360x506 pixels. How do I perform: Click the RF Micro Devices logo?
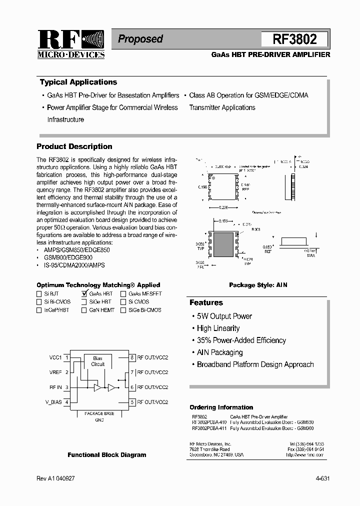click(x=71, y=44)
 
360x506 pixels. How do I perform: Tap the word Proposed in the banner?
click(x=140, y=39)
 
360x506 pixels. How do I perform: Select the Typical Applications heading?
click(x=78, y=82)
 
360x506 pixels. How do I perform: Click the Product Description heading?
click(x=74, y=146)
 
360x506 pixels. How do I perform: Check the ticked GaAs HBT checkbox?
click(x=84, y=294)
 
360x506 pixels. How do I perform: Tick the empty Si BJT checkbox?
click(x=39, y=294)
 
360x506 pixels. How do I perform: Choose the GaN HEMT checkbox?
click(x=84, y=310)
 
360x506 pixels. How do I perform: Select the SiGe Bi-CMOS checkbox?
click(x=123, y=310)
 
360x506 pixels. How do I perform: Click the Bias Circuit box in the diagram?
click(x=98, y=361)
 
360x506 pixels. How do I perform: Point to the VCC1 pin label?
click(x=55, y=357)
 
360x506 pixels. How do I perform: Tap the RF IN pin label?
click(x=55, y=387)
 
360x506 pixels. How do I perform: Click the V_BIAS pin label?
click(x=54, y=402)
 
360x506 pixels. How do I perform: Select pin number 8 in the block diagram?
click(x=132, y=357)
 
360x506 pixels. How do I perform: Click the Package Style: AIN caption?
click(x=258, y=285)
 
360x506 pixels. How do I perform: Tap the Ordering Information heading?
click(x=221, y=407)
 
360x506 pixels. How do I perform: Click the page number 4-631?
click(x=322, y=478)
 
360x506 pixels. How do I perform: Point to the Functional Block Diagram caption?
click(x=107, y=455)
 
